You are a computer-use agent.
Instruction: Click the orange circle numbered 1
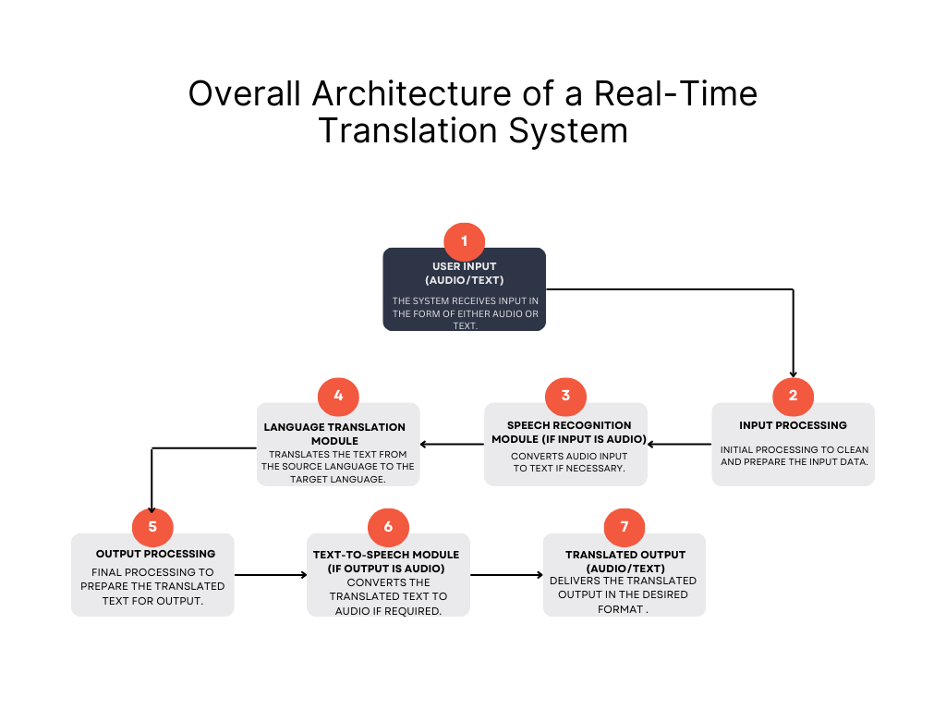[x=464, y=241]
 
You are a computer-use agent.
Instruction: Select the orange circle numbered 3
[x=565, y=397]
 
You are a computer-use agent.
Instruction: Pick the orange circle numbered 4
[x=338, y=397]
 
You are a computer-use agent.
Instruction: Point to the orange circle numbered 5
[x=152, y=527]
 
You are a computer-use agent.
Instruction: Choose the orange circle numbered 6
[x=388, y=527]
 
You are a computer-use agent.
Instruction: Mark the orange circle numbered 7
[x=625, y=527]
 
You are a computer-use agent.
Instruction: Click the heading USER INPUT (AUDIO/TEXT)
[x=464, y=273]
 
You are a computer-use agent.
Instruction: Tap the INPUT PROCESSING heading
[x=793, y=425]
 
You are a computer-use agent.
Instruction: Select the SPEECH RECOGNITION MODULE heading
[x=567, y=432]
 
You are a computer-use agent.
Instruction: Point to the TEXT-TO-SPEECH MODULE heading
[x=386, y=561]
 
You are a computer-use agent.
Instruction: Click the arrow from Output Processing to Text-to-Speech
[x=270, y=575]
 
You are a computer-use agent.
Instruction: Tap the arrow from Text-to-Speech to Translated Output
[x=506, y=575]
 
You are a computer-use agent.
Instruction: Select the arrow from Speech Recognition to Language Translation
[x=453, y=444]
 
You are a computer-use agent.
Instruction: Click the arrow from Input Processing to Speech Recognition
[x=679, y=444]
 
